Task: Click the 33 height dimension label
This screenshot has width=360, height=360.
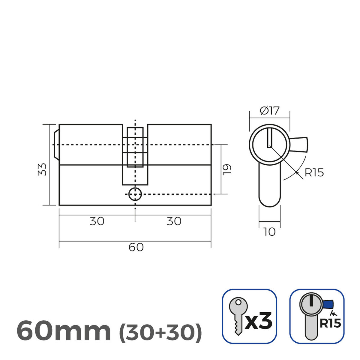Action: (43, 169)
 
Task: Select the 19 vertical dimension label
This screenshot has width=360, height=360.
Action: (227, 169)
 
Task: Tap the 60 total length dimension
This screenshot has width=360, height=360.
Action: (136, 247)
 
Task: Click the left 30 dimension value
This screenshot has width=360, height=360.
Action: (97, 221)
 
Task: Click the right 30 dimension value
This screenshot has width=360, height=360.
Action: (174, 221)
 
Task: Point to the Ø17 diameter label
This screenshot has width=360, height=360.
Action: (269, 111)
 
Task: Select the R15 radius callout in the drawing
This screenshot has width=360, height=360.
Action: (314, 173)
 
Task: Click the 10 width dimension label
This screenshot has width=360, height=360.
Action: (269, 232)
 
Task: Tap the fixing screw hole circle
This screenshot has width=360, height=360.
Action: (135, 194)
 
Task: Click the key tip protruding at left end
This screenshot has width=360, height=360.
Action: (56, 145)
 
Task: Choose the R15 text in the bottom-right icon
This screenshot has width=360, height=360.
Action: (330, 323)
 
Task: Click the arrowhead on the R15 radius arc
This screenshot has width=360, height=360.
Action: (297, 173)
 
